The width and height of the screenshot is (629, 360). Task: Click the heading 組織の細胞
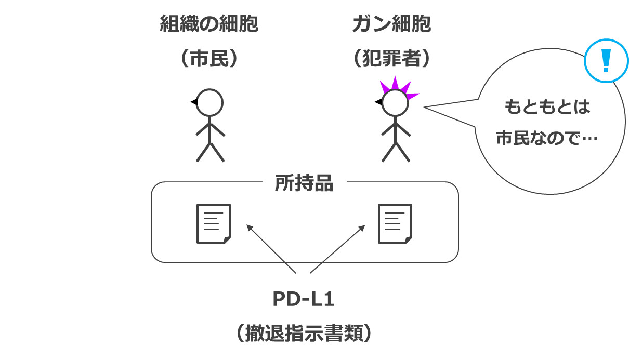[x=208, y=24]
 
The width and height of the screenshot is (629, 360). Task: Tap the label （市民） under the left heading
[x=208, y=59]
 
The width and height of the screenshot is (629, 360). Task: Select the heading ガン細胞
[x=391, y=24]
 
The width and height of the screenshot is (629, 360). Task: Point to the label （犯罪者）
[x=391, y=59]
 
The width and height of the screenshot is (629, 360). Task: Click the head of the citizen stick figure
[x=209, y=102]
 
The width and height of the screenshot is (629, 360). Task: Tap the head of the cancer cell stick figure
[x=395, y=103]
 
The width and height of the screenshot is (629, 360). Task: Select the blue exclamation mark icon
[x=605, y=60]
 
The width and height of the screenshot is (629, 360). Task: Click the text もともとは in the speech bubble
[x=547, y=108]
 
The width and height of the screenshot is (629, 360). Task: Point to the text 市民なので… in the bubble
[x=547, y=139]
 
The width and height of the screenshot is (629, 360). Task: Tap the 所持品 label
[x=304, y=183]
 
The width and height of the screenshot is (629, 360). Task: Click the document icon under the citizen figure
[x=213, y=223]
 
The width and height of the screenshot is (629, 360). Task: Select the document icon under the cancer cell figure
[x=396, y=223]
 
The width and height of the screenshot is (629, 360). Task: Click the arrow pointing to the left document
[x=270, y=248]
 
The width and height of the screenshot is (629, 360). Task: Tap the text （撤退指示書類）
[x=304, y=332]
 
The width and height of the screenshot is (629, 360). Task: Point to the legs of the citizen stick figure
[x=210, y=151]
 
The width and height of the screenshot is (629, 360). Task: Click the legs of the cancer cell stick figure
[x=396, y=151]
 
